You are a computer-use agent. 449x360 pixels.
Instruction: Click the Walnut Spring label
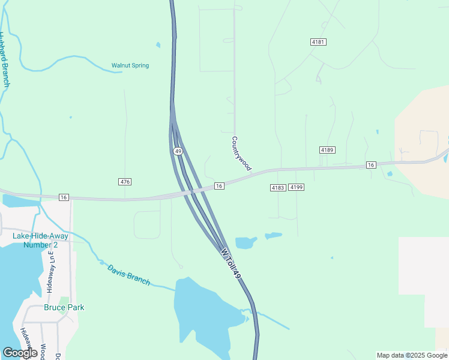[x=130, y=65]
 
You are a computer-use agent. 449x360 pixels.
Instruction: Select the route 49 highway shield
[x=178, y=151]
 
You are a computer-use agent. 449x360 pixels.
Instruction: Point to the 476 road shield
[x=125, y=182]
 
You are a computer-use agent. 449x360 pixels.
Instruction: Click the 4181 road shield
[x=318, y=41]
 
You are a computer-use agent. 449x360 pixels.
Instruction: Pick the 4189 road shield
[x=327, y=149]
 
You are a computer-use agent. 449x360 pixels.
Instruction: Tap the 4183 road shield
[x=277, y=188]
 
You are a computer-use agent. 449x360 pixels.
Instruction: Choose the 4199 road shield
[x=297, y=188]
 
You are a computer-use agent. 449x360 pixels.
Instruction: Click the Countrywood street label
[x=241, y=153]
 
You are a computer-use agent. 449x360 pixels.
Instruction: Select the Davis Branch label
[x=128, y=275]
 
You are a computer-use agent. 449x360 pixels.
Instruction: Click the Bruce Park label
[x=64, y=307]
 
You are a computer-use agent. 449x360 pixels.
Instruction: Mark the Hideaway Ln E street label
[x=50, y=272]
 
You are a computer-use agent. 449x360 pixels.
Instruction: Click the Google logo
[x=20, y=353]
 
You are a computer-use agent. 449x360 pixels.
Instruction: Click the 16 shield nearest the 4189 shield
[x=370, y=165]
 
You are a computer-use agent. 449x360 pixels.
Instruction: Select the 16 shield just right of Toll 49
[x=219, y=186]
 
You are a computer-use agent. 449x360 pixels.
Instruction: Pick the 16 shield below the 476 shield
[x=64, y=197]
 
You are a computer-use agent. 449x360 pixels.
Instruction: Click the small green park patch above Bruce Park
[x=64, y=301]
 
